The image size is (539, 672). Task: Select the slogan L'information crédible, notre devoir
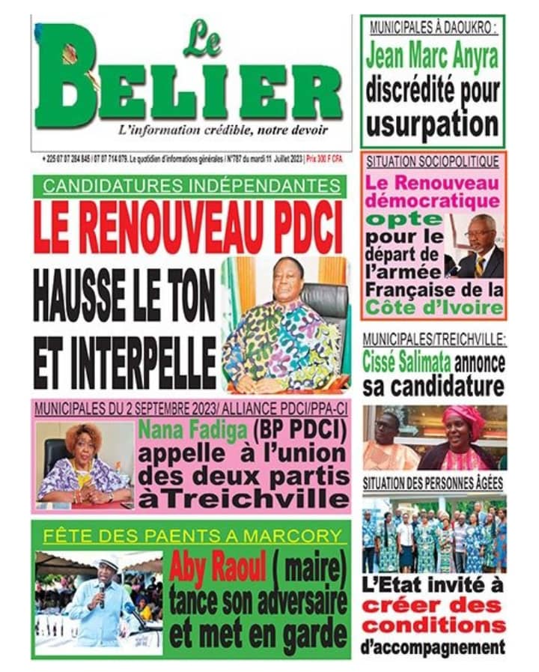pyautogui.click(x=222, y=130)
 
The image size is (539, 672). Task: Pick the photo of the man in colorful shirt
pyautogui.click(x=285, y=324)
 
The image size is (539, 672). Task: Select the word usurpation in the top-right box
pyautogui.click(x=433, y=121)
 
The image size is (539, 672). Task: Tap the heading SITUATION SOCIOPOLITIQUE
pyautogui.click(x=432, y=161)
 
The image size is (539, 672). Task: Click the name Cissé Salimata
pyautogui.click(x=406, y=362)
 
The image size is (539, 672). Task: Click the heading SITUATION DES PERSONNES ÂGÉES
pyautogui.click(x=433, y=484)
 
